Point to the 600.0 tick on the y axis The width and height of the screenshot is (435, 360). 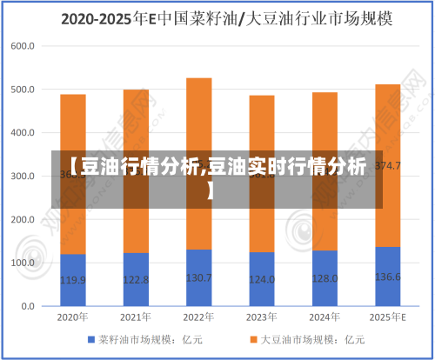[x=23, y=46]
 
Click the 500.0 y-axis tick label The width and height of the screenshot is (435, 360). [x=23, y=90]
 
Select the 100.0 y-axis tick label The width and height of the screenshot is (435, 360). [x=23, y=263]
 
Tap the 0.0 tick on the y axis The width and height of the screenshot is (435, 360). [x=27, y=306]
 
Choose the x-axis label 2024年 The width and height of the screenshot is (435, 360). [x=325, y=317]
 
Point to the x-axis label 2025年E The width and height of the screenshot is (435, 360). [x=387, y=317]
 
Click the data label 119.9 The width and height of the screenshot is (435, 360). [x=72, y=280]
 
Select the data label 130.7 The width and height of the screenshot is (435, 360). [x=198, y=278]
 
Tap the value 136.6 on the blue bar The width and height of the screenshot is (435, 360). [x=387, y=277]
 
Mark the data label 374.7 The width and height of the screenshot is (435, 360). [x=387, y=166]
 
